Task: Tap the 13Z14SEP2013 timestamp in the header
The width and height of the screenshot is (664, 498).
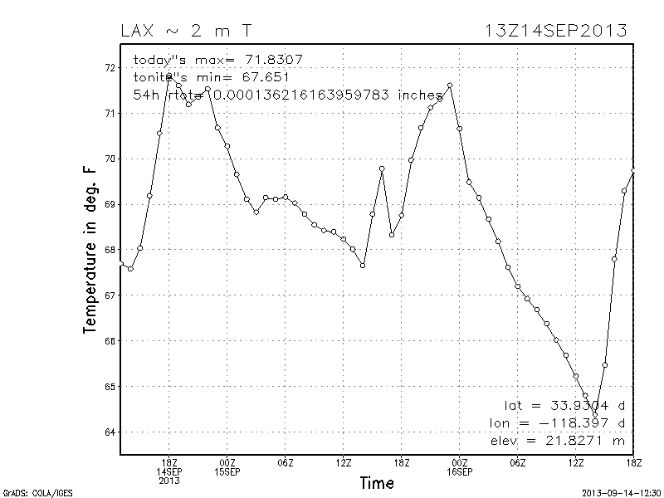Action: pos(555,31)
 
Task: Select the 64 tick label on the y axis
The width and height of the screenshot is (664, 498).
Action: pos(110,432)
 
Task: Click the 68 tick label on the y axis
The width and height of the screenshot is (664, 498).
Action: pos(110,250)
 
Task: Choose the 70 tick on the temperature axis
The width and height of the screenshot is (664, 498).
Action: pos(110,159)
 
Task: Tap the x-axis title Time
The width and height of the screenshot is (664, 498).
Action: pos(377,483)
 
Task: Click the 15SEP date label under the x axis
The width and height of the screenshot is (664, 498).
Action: pos(227,471)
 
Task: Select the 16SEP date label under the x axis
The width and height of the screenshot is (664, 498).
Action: pos(460,471)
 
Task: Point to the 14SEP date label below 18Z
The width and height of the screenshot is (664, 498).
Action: pos(169,471)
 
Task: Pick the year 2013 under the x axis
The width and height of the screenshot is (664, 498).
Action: pos(169,480)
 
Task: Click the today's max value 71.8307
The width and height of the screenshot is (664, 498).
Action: pos(273,60)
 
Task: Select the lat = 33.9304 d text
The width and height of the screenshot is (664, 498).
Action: pos(564,406)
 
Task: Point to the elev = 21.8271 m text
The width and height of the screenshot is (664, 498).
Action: pos(558,441)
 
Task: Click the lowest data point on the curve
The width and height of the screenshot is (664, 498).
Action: pos(595,414)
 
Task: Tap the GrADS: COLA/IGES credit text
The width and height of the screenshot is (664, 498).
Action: pos(38,492)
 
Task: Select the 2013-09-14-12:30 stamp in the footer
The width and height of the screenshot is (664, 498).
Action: pos(622,492)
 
